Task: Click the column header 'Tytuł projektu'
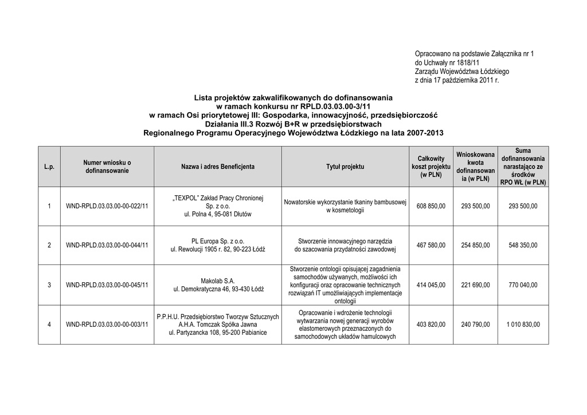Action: click(x=345, y=167)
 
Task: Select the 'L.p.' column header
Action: click(x=49, y=167)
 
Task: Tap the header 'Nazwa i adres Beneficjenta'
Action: click(x=218, y=167)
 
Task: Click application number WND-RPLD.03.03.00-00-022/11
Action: click(x=107, y=206)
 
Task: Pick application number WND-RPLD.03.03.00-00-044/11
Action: click(x=107, y=246)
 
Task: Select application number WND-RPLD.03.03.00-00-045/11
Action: click(x=107, y=285)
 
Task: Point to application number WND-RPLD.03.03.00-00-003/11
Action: click(x=107, y=325)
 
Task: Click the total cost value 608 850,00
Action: click(x=431, y=206)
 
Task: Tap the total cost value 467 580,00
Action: click(x=431, y=246)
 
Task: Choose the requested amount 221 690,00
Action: click(x=475, y=285)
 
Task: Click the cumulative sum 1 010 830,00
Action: click(x=523, y=325)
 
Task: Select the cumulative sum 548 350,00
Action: click(x=523, y=246)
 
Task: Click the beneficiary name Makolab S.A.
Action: click(x=218, y=281)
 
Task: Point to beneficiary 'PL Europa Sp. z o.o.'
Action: click(x=218, y=241)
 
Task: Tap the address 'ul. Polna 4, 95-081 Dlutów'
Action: click(x=218, y=214)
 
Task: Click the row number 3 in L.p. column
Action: click(x=49, y=285)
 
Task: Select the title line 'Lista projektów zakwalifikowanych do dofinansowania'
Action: click(x=293, y=98)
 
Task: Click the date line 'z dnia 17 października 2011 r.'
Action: click(x=457, y=81)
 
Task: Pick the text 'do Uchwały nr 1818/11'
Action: click(x=447, y=62)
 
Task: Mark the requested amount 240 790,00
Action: click(x=475, y=325)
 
